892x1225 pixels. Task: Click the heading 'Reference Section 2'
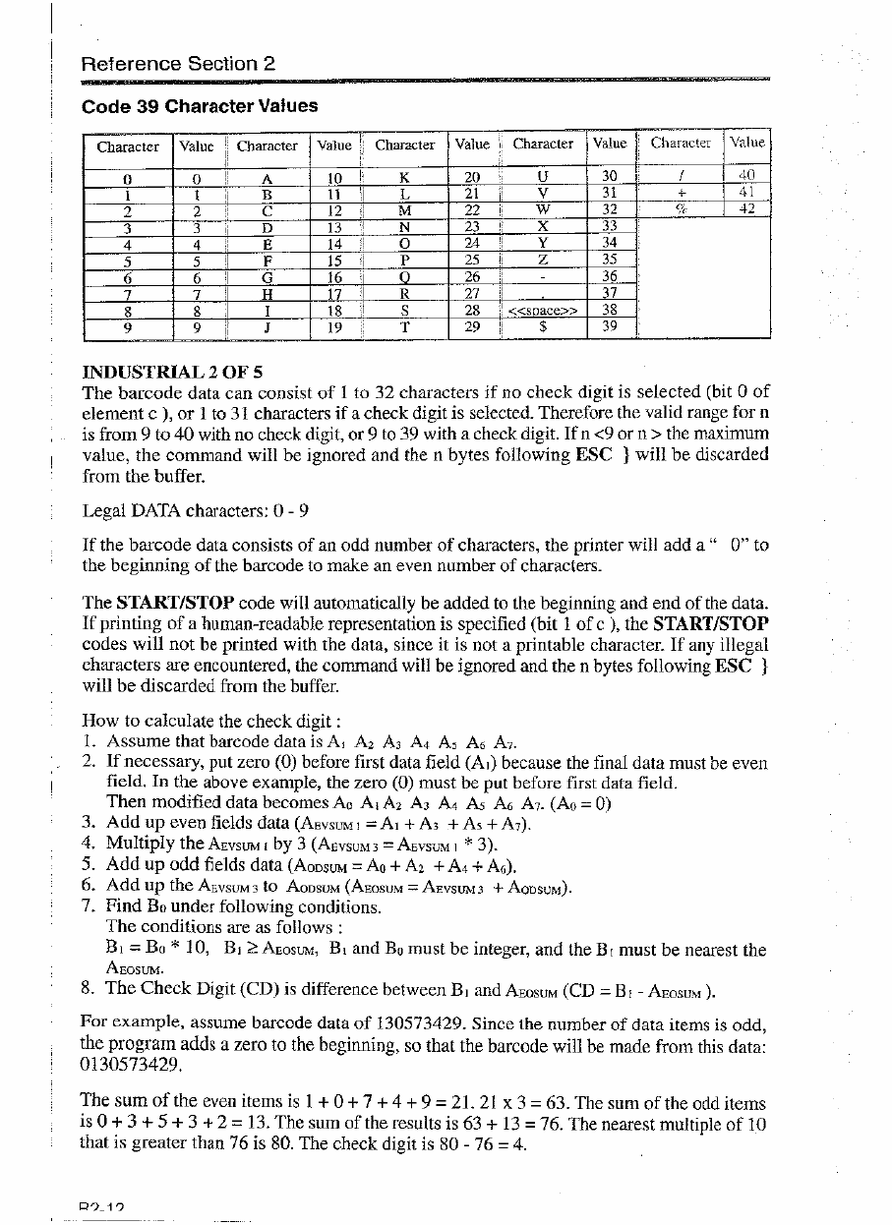click(178, 64)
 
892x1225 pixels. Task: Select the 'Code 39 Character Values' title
click(200, 105)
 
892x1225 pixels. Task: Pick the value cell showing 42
click(747, 209)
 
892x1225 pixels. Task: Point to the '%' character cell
click(680, 209)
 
